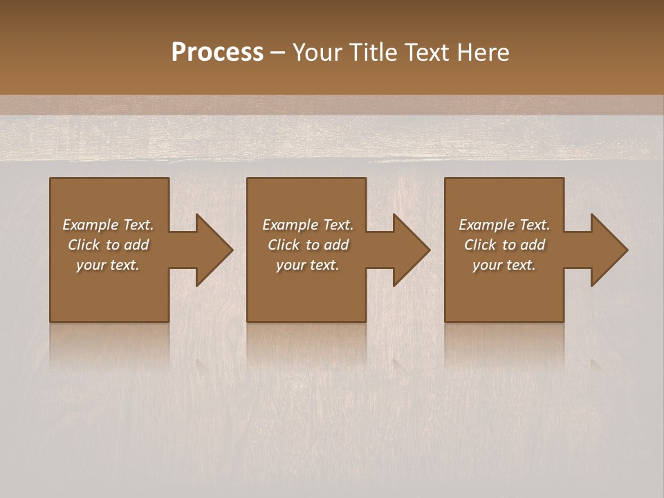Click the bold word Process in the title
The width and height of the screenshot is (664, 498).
tap(217, 53)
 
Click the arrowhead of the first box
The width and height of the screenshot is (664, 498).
tap(214, 250)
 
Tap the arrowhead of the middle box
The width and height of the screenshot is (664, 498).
tap(411, 250)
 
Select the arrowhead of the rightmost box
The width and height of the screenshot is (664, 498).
tap(609, 250)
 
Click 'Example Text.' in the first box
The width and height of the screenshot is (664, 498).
tap(108, 225)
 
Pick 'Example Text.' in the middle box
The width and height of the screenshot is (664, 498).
tap(308, 225)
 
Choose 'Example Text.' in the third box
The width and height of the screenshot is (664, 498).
tap(504, 225)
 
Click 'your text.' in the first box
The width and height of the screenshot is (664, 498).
tap(108, 265)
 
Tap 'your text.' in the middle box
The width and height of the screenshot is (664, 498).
tap(308, 265)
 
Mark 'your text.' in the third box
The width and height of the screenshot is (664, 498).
tap(504, 265)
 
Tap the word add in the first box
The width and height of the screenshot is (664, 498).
tap(136, 245)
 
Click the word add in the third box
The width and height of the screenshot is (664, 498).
tap(533, 245)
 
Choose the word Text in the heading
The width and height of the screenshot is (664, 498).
tap(427, 53)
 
